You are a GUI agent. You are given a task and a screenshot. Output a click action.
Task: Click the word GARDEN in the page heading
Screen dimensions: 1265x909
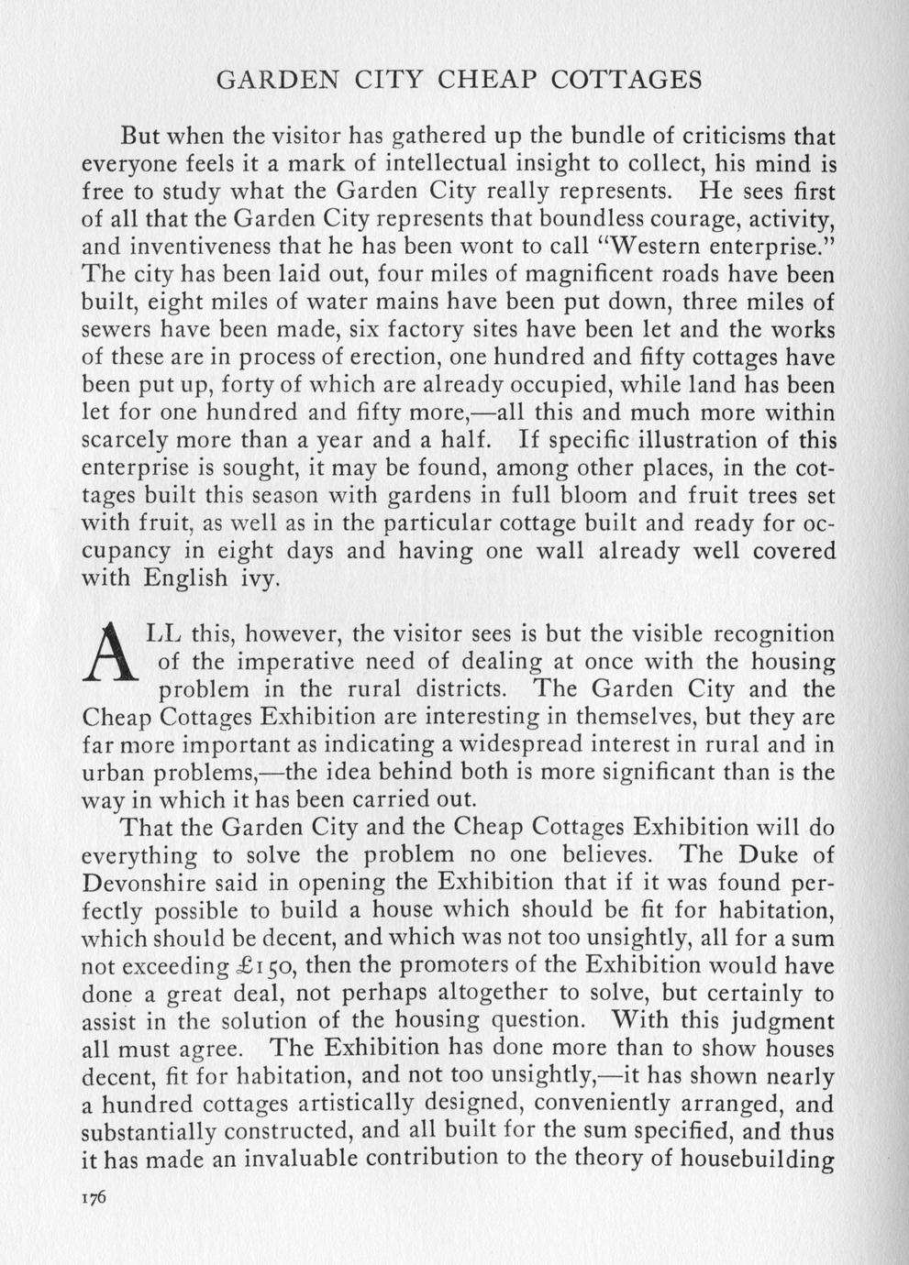[272, 80]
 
